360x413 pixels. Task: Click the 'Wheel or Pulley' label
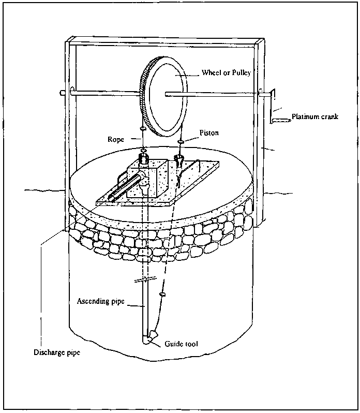226,73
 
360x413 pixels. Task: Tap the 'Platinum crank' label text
314,116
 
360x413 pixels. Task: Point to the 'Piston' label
209,134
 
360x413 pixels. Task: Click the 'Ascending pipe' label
100,301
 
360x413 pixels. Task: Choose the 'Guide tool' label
181,344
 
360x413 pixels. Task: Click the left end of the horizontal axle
63,93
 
